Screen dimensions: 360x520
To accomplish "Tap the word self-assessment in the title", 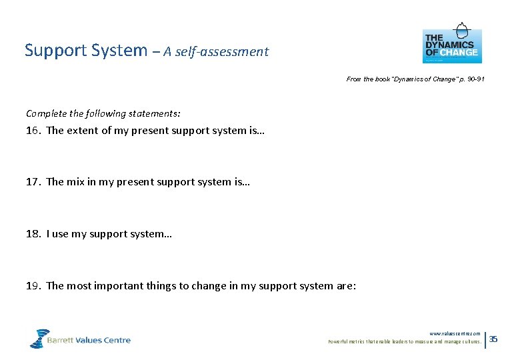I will [x=225, y=52].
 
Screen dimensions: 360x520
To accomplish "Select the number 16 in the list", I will [x=33, y=131].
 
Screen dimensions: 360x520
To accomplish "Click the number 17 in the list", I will [x=33, y=182].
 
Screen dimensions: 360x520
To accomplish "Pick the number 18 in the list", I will [x=33, y=234].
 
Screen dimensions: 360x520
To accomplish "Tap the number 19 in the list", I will [x=33, y=286].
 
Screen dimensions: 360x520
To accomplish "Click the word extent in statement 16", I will [x=83, y=131].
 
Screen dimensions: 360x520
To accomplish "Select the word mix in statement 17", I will [x=75, y=182].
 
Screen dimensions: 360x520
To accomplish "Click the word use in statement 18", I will [x=60, y=234].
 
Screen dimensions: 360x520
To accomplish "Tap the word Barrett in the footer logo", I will [x=62, y=340].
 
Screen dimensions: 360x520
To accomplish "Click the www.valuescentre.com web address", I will [x=455, y=333].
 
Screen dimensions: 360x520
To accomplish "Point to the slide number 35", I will [x=493, y=339].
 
